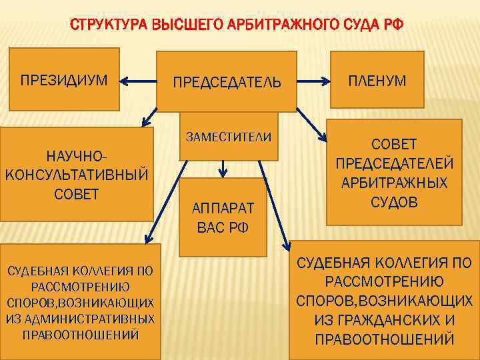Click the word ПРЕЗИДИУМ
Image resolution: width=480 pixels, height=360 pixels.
pyautogui.click(x=63, y=81)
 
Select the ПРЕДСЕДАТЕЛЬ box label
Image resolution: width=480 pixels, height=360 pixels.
pyautogui.click(x=227, y=83)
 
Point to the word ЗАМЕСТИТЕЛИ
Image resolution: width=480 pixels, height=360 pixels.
pyautogui.click(x=229, y=137)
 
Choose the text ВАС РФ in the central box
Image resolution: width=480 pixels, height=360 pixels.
pyautogui.click(x=223, y=227)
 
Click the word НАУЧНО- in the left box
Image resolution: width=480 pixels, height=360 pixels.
pyautogui.click(x=75, y=156)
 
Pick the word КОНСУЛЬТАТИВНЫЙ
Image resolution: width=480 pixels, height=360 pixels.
pyautogui.click(x=75, y=175)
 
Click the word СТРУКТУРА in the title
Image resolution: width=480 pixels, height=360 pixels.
pyautogui.click(x=109, y=27)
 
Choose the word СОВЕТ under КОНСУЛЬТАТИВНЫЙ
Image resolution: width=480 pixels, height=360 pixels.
pyautogui.click(x=75, y=194)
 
